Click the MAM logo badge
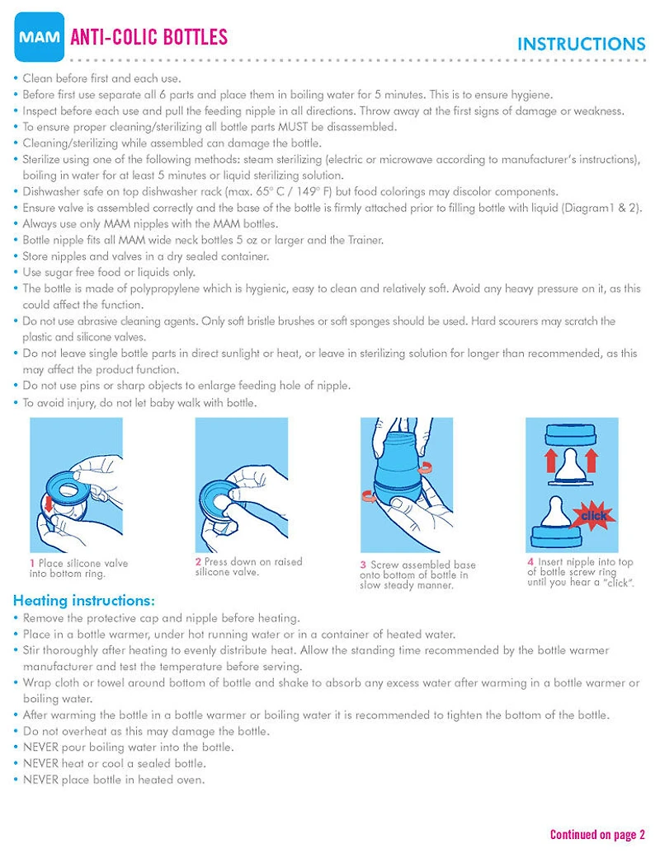click(x=39, y=38)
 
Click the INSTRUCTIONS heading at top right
click(x=581, y=45)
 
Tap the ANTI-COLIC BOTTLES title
click(x=149, y=37)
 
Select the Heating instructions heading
click(x=83, y=601)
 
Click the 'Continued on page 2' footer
click(x=597, y=835)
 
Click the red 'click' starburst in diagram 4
click(x=593, y=515)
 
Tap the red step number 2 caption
click(x=198, y=562)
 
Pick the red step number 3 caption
click(x=363, y=565)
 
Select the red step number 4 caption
click(x=530, y=562)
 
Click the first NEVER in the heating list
click(x=40, y=748)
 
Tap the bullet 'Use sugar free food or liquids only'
click(x=108, y=272)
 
